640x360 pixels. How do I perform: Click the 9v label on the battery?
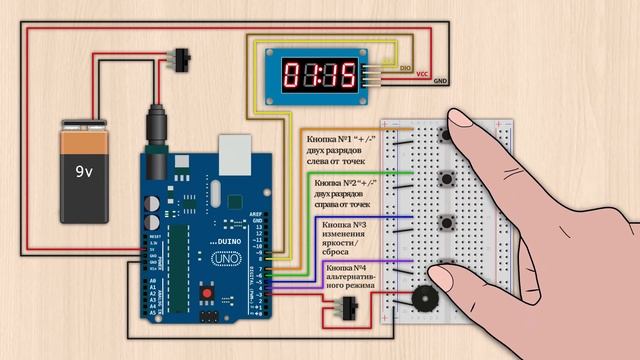pos(84,171)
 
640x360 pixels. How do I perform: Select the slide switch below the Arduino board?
pos(349,308)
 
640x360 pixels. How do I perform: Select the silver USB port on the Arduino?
pos(233,151)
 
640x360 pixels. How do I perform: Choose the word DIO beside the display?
pos(405,68)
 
